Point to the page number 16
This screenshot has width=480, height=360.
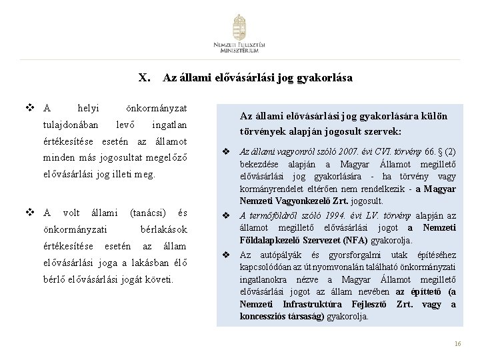pos(457,343)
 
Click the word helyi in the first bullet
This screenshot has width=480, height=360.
pos(89,107)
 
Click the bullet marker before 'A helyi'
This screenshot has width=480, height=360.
pos(29,107)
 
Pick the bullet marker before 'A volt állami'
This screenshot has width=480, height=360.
pos(29,212)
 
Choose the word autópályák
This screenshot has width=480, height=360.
pos(273,255)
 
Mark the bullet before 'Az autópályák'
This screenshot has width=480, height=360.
pos(226,255)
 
